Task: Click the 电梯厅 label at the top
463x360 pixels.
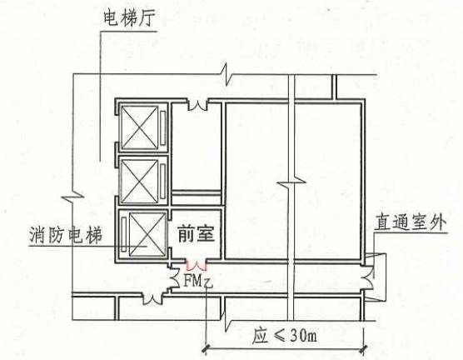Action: (x=129, y=18)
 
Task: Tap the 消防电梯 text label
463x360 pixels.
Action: (x=66, y=235)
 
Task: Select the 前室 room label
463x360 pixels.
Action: (x=196, y=234)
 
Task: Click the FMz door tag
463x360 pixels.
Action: (x=198, y=282)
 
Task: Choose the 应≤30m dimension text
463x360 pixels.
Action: (x=284, y=336)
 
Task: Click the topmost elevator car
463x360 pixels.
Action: (x=140, y=127)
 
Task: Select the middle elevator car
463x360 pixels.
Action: (x=140, y=182)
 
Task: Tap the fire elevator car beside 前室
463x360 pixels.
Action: (x=147, y=234)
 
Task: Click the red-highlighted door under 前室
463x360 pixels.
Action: (x=197, y=265)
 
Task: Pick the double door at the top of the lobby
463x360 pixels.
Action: (x=198, y=106)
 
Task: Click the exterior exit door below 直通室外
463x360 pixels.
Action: (x=369, y=277)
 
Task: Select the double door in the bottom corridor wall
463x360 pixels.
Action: (x=152, y=298)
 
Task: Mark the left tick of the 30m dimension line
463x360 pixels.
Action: (x=206, y=349)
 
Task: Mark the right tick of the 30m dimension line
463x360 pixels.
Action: (x=364, y=349)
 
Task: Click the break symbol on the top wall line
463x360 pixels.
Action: (x=227, y=74)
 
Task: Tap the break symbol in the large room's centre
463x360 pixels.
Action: (x=291, y=182)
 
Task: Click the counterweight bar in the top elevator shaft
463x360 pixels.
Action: (x=162, y=128)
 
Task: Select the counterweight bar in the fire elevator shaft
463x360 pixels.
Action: (x=124, y=234)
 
